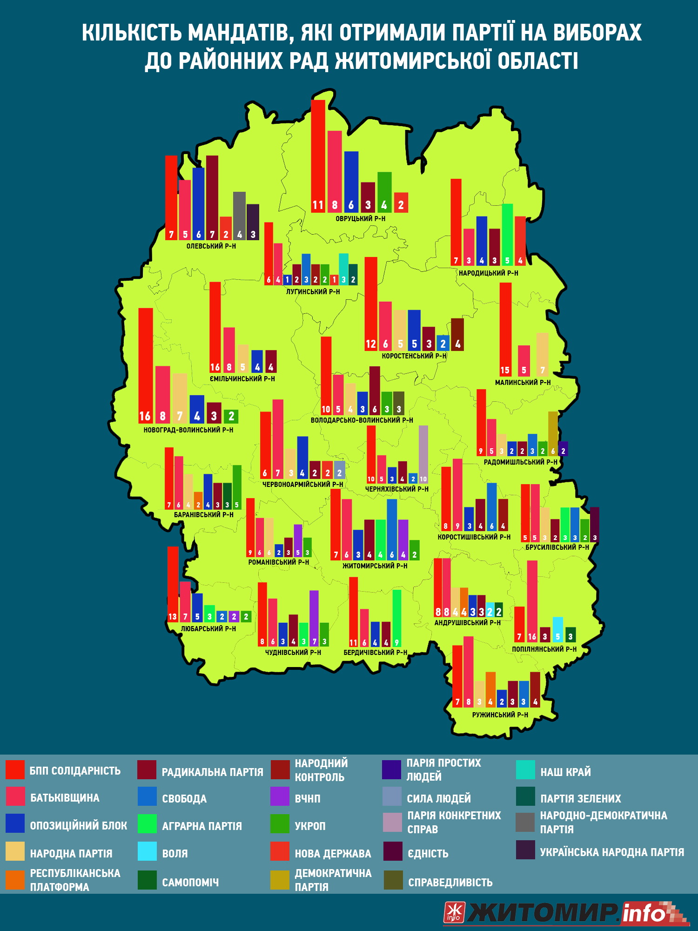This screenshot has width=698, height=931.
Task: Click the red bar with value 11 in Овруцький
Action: tap(318, 156)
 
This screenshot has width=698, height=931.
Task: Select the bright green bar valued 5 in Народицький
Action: tap(507, 235)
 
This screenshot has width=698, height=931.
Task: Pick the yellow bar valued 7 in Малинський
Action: tap(543, 354)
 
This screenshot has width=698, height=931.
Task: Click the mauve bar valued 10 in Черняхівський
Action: tap(423, 454)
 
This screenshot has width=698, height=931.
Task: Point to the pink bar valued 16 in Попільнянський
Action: tap(532, 601)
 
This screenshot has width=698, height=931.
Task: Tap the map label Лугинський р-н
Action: tap(313, 292)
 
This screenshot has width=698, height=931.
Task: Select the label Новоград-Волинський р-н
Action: tap(188, 430)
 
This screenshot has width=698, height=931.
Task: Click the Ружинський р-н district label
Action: tap(500, 715)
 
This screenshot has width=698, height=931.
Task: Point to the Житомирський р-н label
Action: tap(375, 566)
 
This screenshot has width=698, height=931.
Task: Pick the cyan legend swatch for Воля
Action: tap(147, 851)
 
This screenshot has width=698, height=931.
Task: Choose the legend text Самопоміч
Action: tap(190, 883)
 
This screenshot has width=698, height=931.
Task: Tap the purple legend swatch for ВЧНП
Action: tap(280, 796)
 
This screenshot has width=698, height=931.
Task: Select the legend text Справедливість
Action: tap(450, 883)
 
